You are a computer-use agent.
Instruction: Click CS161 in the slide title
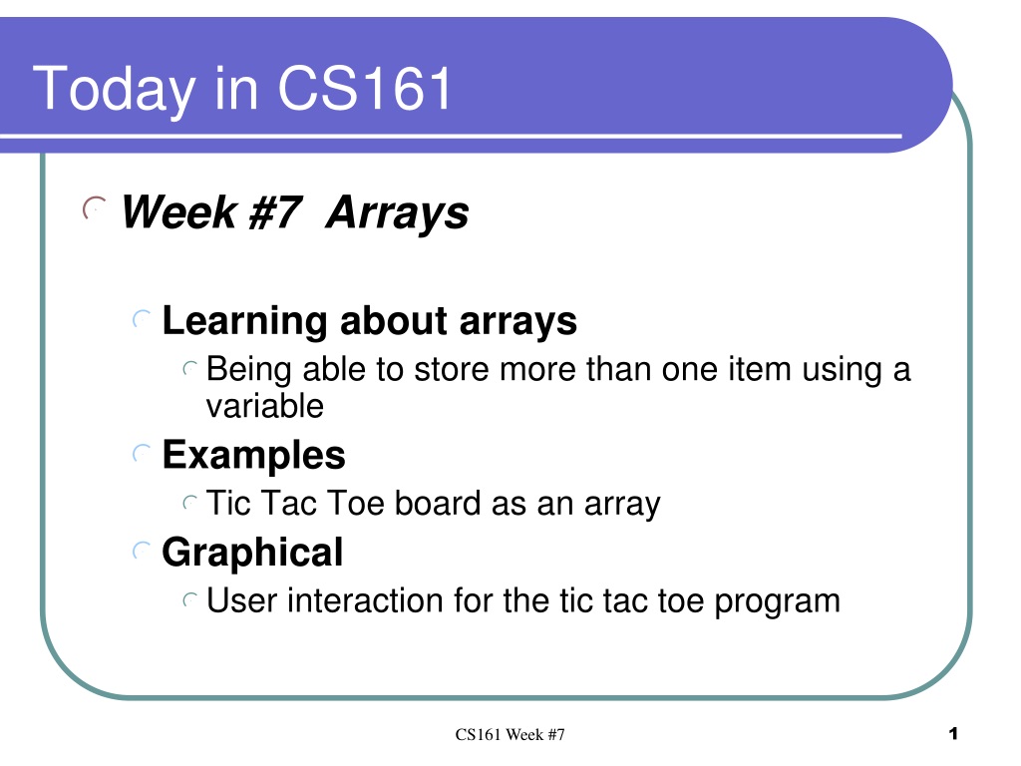(x=365, y=88)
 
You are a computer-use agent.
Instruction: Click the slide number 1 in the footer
(x=953, y=734)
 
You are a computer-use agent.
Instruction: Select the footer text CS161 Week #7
(x=510, y=735)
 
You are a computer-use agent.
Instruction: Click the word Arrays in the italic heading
(x=397, y=213)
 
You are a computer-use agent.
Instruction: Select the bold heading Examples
(x=254, y=456)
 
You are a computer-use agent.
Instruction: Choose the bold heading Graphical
(x=252, y=554)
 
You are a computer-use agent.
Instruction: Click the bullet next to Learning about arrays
(x=142, y=319)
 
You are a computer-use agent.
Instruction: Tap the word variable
(x=265, y=407)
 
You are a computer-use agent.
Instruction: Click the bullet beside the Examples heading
(x=142, y=454)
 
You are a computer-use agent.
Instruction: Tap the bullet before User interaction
(x=190, y=600)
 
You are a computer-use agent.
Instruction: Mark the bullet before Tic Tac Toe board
(x=190, y=503)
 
